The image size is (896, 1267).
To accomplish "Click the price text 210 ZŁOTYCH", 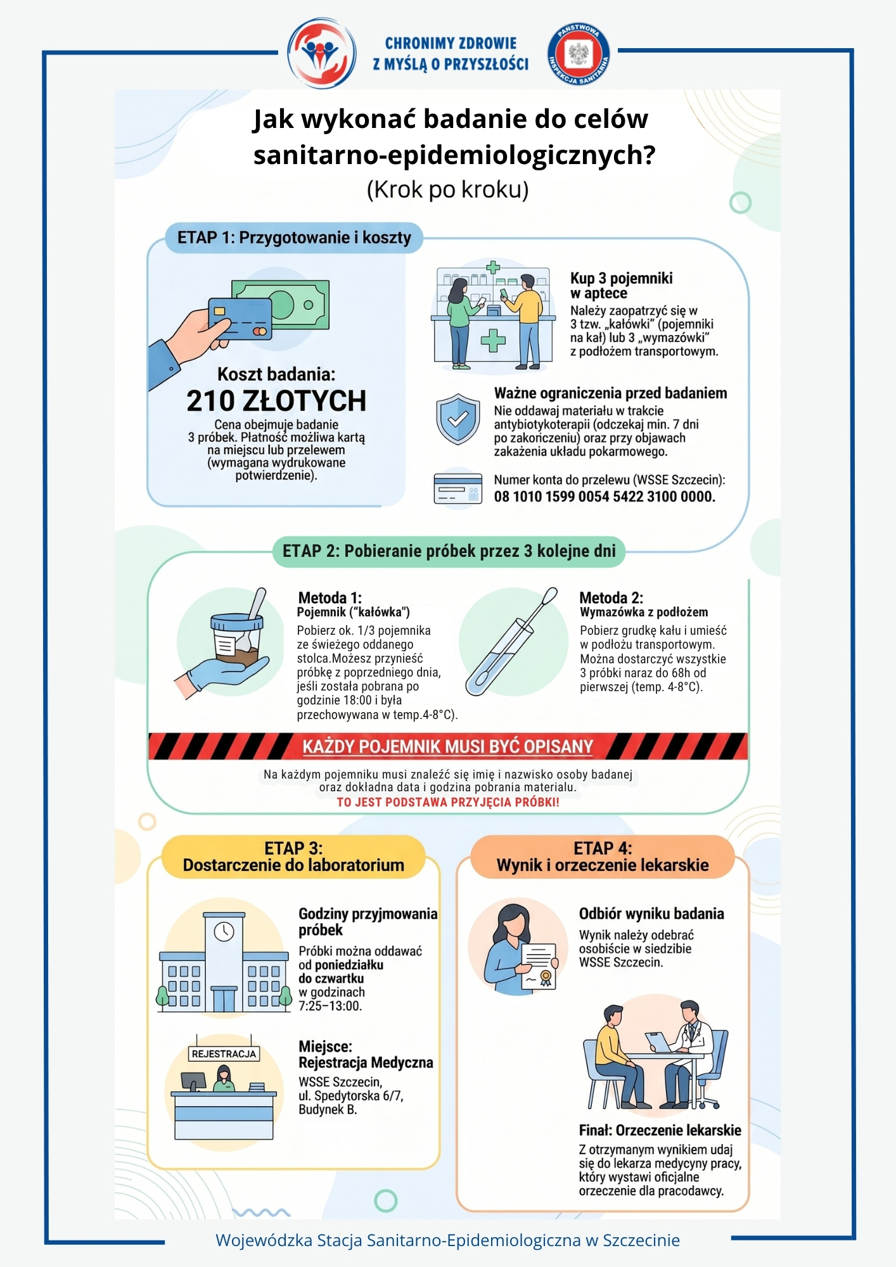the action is tap(276, 400).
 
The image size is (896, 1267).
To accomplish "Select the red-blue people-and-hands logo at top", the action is tap(321, 53).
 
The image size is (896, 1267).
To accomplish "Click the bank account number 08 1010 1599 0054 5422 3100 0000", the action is tap(605, 497).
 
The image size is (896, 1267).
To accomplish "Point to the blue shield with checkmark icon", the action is tap(458, 419).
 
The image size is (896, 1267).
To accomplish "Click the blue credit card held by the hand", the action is tap(240, 319).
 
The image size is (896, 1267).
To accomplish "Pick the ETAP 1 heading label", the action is tap(294, 238).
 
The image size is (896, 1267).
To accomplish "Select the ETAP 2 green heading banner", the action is tap(449, 551).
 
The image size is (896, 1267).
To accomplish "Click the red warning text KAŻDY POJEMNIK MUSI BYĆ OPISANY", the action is tap(447, 747).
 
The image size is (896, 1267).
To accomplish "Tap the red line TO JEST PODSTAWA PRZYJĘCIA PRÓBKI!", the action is tap(448, 803).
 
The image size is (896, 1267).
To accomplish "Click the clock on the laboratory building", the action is tap(224, 931).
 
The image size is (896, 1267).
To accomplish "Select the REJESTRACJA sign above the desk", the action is tap(224, 1054).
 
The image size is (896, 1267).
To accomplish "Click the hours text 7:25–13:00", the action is tap(330, 1006).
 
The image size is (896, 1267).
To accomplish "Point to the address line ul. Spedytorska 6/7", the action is tap(351, 1096).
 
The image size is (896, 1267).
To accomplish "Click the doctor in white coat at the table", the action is tap(691, 1054).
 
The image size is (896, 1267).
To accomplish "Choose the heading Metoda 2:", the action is tap(611, 598).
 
